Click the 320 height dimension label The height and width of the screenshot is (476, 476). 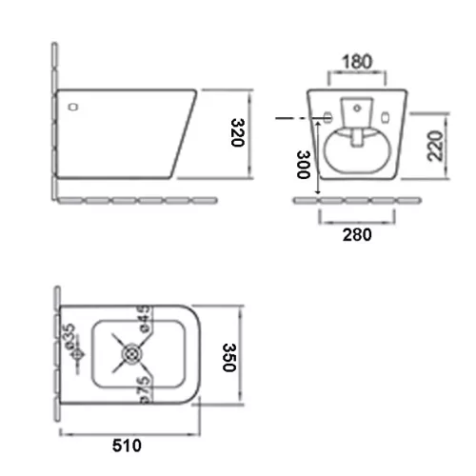pos(238,132)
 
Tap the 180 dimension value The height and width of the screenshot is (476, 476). pos(357,62)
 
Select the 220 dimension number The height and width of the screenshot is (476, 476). pos(435,146)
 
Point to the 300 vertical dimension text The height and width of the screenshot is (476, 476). pos(304,165)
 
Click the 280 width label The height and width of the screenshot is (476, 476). pos(357,235)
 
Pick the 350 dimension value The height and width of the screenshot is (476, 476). pos(229,357)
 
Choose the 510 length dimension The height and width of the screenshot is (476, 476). pos(127,446)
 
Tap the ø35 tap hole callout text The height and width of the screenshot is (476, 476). pos(69,337)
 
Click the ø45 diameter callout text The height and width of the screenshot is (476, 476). pos(145,319)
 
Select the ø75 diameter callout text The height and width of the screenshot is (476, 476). pos(145,390)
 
